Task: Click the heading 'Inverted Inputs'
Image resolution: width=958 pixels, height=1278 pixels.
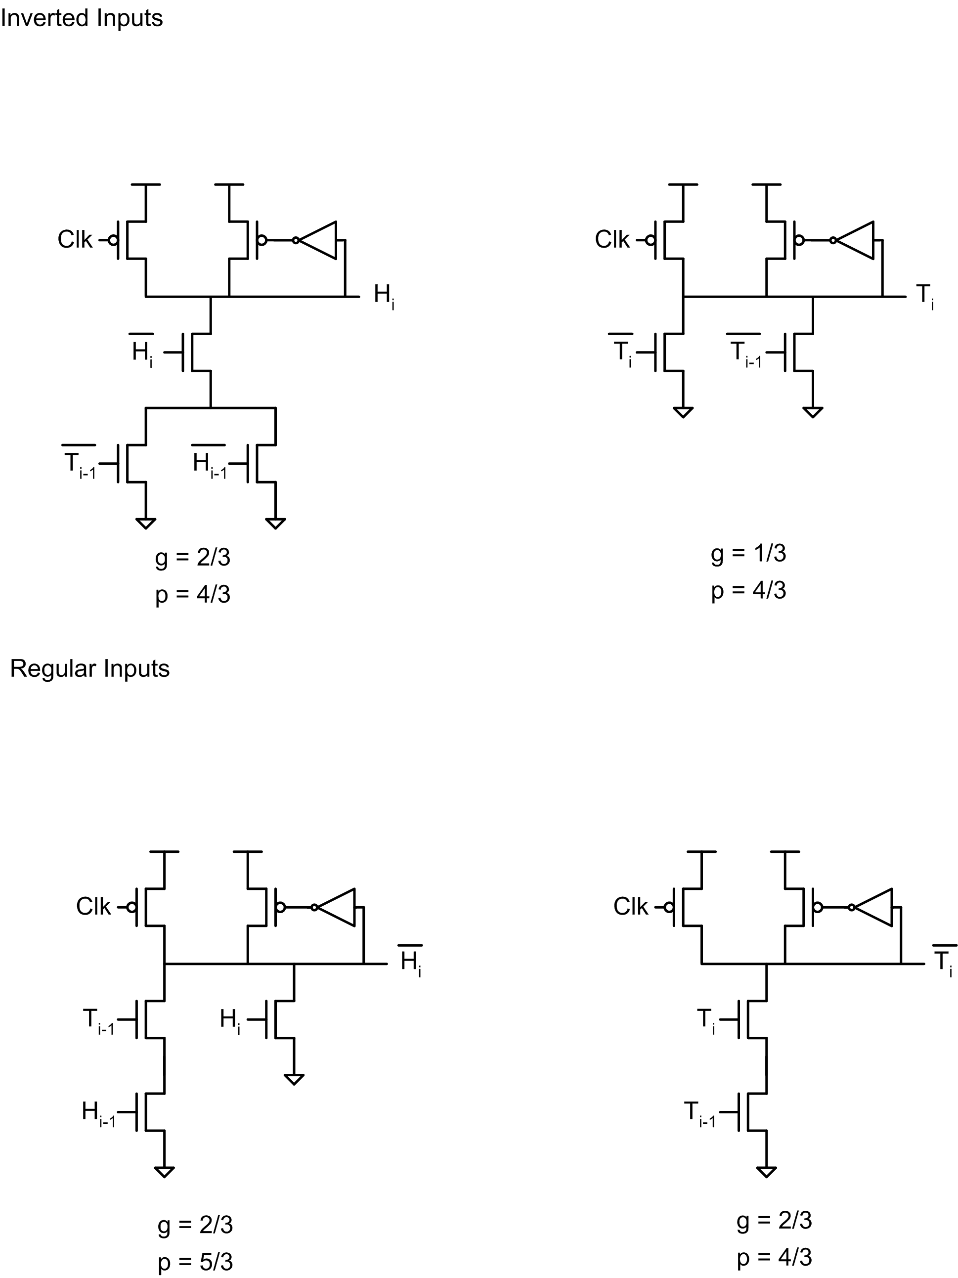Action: (x=82, y=18)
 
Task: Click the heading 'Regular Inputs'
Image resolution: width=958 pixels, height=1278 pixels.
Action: (x=89, y=669)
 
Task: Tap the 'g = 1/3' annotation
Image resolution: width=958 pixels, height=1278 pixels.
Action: (x=748, y=554)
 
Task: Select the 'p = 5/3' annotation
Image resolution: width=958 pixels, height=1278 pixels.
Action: (x=195, y=1262)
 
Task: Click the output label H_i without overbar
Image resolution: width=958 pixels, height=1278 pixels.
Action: (x=384, y=297)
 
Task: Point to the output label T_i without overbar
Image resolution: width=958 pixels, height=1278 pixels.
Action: (x=925, y=297)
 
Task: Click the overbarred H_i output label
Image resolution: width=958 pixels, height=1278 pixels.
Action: (x=410, y=960)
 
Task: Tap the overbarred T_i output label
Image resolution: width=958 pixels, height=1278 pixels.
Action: (x=945, y=960)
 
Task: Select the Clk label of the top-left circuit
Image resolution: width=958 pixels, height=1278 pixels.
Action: (x=75, y=239)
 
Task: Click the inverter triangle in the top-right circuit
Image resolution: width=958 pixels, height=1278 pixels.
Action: (x=855, y=240)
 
